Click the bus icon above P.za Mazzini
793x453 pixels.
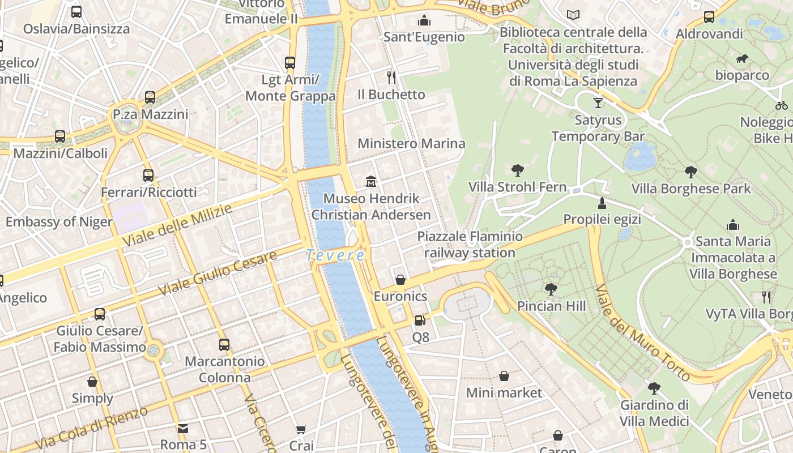(x=150, y=97)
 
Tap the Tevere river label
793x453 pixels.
(x=335, y=255)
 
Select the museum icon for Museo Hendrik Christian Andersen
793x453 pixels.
(x=371, y=182)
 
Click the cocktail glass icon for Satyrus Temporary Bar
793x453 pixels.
(x=598, y=103)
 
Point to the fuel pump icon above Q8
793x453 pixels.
(x=420, y=320)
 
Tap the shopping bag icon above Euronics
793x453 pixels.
(x=400, y=280)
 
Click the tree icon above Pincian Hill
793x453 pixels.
(x=551, y=289)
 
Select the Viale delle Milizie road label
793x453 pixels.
(x=177, y=225)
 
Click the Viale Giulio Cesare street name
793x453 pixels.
(x=218, y=273)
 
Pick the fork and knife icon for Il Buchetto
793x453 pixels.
(x=391, y=77)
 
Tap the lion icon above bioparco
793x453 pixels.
(x=742, y=59)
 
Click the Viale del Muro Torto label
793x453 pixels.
(x=642, y=332)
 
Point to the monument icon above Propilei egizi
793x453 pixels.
(x=602, y=203)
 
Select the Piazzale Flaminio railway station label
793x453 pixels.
(x=470, y=244)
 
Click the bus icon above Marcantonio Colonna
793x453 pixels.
(x=224, y=344)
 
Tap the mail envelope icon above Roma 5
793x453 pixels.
(x=183, y=428)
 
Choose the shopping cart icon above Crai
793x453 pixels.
(x=301, y=430)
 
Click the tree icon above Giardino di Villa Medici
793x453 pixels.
(x=654, y=388)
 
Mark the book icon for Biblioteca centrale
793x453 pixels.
(x=573, y=15)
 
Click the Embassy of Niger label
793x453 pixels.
(x=59, y=221)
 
